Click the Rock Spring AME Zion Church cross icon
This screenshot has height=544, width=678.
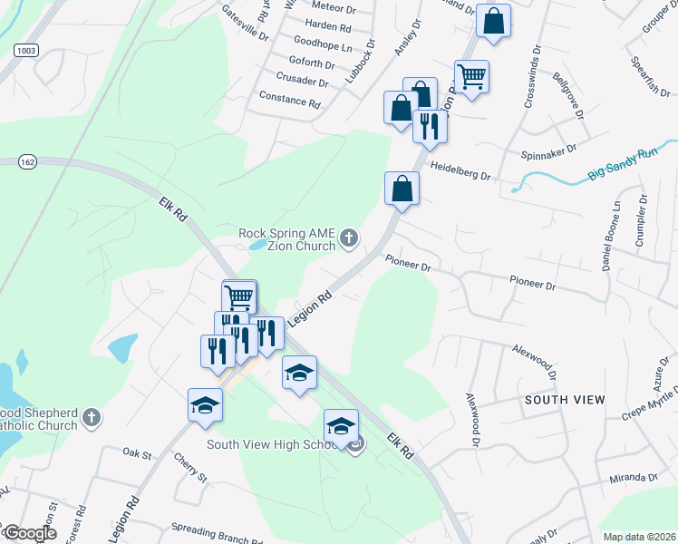coord(350,239)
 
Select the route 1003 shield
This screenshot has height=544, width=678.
coord(25,52)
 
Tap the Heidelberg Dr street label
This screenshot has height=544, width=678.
coord(459,171)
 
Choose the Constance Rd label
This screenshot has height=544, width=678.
coord(290,99)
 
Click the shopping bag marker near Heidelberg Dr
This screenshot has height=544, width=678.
coord(402,189)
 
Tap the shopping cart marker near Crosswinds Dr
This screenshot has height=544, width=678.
coord(471,76)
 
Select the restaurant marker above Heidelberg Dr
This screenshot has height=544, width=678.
coord(429,125)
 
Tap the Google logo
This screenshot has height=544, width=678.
coord(29,534)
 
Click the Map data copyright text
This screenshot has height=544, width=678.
coord(638,537)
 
